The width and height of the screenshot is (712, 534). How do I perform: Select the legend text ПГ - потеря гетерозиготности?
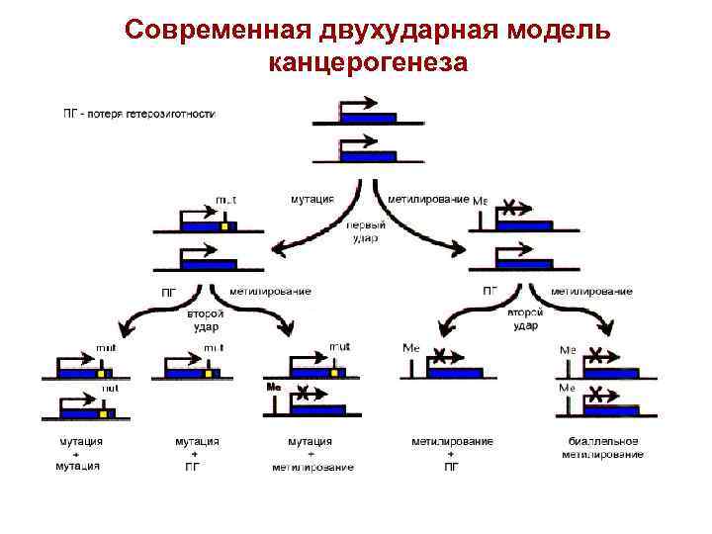(138, 113)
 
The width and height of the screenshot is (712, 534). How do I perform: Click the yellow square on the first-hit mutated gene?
(224, 226)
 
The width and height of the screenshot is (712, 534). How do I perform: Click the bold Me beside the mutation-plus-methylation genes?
(274, 387)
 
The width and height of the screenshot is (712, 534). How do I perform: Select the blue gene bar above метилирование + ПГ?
(456, 373)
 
